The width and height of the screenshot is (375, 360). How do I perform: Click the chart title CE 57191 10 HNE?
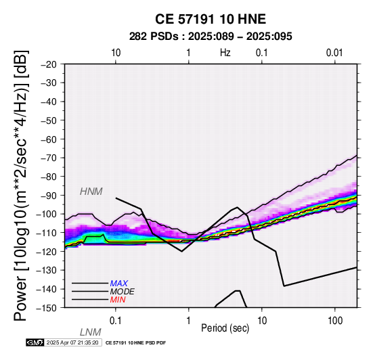pos(211,19)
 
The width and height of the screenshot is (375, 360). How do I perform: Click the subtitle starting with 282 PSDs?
pos(211,37)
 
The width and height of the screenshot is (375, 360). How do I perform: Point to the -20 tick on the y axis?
pos(49,64)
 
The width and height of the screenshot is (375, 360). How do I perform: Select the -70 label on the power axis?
pos(49,158)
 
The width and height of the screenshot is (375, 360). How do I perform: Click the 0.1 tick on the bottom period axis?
pos(116,321)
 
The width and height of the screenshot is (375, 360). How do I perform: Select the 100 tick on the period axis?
pos(335,321)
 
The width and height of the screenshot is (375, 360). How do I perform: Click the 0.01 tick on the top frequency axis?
pos(334,53)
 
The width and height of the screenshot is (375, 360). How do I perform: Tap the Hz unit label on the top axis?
pos(225,53)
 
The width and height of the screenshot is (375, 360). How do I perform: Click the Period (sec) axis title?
pos(225,328)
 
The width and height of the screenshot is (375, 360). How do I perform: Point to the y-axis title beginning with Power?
pos(21,185)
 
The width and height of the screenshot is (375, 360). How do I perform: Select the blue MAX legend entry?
pos(119,284)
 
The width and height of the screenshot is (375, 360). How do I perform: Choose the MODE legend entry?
pos(123,292)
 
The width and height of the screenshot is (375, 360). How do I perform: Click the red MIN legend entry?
pos(118,300)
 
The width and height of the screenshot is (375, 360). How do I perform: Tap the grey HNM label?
pos(91,192)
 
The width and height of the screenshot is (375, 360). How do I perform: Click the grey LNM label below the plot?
pos(91,332)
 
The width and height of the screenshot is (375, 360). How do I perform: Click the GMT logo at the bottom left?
pos(35,342)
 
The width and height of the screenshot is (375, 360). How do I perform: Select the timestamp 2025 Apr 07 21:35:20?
pos(72,342)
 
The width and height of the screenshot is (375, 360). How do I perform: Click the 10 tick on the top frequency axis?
pos(116,53)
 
